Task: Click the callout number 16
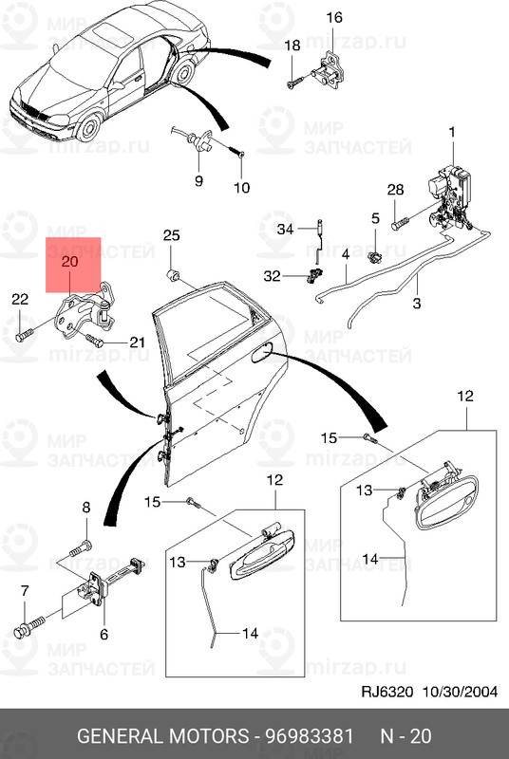(x=334, y=18)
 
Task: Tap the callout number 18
(x=292, y=46)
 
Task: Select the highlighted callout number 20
(x=69, y=261)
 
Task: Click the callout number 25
(x=171, y=235)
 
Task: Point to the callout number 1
(x=451, y=132)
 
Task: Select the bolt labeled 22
(x=24, y=334)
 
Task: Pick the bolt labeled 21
(x=95, y=339)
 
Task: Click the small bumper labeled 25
(x=173, y=275)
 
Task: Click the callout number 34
(x=286, y=230)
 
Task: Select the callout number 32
(x=273, y=276)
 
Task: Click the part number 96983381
(x=305, y=737)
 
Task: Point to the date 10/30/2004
(x=461, y=692)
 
